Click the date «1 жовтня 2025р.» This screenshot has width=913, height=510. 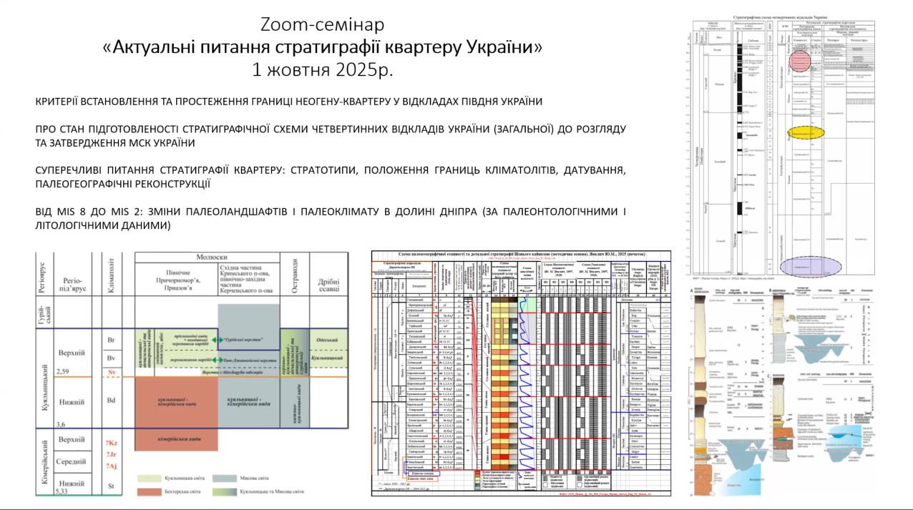pyautogui.click(x=322, y=70)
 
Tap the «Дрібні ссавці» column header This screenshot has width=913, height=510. pyautogui.click(x=328, y=280)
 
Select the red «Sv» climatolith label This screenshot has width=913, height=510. pyautogui.click(x=111, y=373)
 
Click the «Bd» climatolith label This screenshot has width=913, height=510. pyautogui.click(x=111, y=400)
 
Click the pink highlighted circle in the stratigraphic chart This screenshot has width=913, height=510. pyautogui.click(x=802, y=60)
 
